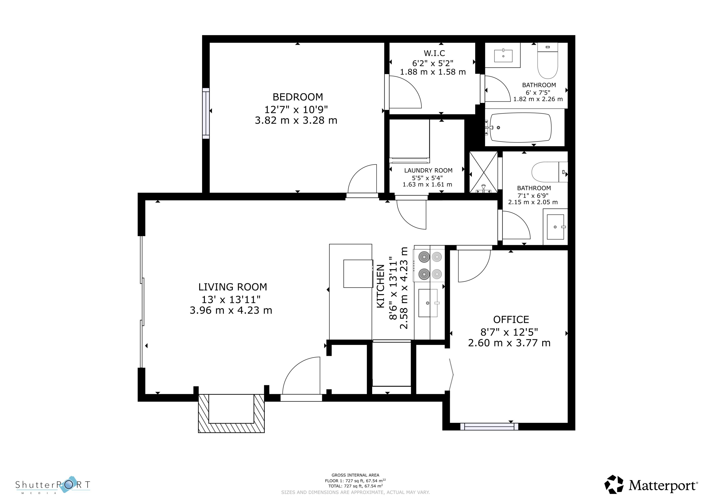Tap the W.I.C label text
pos(434,53)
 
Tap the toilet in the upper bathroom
pos(548,61)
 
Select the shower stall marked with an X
pos(483,172)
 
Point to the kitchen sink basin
pos(428,303)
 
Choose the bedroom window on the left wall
pos(206,113)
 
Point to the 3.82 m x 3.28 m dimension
pos(296,120)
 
